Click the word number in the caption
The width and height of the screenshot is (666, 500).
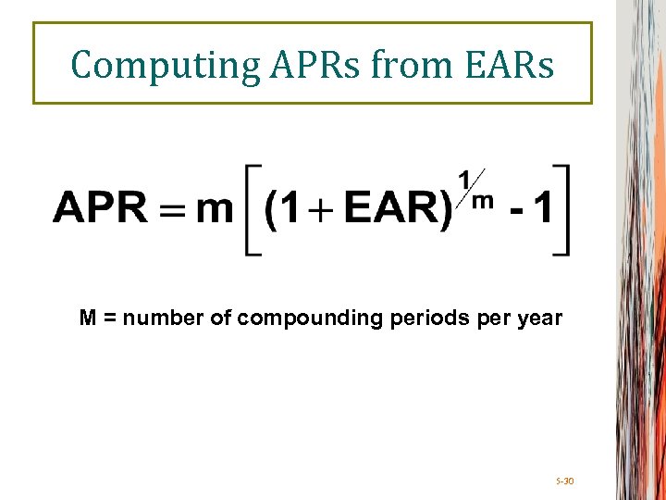[156, 319]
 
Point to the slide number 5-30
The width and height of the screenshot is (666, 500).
[564, 481]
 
